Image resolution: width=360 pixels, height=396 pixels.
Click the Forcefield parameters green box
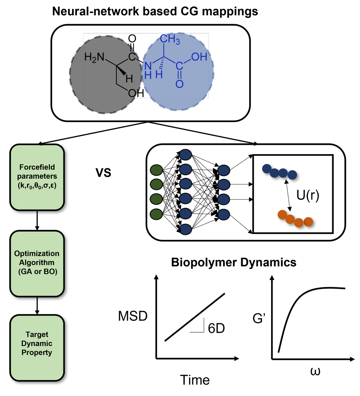tap(37, 177)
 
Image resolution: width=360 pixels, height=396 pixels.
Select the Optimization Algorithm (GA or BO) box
tap(37, 263)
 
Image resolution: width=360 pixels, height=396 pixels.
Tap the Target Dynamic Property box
tap(37, 348)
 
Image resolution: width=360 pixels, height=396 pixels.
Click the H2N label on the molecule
tap(94, 57)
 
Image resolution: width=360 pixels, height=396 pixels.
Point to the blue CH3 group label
tap(170, 39)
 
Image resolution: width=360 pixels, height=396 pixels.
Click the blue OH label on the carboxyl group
tap(199, 57)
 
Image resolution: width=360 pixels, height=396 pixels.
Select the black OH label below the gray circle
tap(136, 93)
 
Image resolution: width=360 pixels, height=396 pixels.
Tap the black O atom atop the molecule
tap(132, 39)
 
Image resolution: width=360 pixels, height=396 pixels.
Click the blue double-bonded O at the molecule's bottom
tap(179, 84)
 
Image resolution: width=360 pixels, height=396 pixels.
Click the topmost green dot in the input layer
tap(156, 170)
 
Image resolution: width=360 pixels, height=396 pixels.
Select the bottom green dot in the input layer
tap(156, 214)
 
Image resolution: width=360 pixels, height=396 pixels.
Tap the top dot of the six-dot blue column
tap(185, 155)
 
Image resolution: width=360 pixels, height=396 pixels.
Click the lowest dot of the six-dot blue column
tap(185, 229)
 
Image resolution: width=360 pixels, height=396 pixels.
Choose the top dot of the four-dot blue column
tap(224, 170)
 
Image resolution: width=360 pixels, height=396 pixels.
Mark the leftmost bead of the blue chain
tap(267, 168)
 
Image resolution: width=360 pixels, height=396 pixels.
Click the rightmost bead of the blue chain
tap(292, 175)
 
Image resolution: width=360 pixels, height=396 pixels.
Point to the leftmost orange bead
tap(282, 214)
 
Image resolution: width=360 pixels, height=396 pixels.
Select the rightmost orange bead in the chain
tap(308, 222)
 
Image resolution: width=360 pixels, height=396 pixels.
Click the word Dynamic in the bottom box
tap(37, 343)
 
